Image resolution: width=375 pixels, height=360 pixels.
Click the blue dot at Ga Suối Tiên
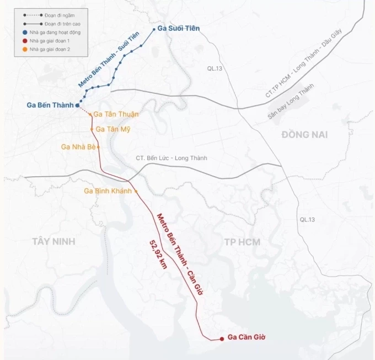click(154, 29)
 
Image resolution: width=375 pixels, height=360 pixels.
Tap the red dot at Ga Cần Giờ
click(222, 338)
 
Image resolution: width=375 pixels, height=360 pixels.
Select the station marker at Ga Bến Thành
click(78, 105)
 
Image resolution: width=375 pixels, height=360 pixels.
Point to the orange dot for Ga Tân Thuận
click(91, 115)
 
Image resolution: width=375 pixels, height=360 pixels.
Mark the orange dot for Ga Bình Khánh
click(136, 191)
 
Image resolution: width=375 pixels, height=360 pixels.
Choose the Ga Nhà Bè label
click(79, 147)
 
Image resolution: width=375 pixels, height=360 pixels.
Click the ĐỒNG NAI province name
click(304, 135)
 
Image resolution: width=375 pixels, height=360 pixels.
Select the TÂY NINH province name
click(53, 241)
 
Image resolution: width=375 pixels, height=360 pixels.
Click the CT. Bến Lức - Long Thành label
click(172, 158)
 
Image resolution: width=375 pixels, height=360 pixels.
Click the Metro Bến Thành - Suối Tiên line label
click(109, 60)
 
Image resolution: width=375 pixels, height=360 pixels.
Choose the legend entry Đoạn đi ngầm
click(53, 15)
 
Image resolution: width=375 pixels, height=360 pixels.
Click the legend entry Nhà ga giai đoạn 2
click(50, 49)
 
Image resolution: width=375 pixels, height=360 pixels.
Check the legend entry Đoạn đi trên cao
click(54, 24)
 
